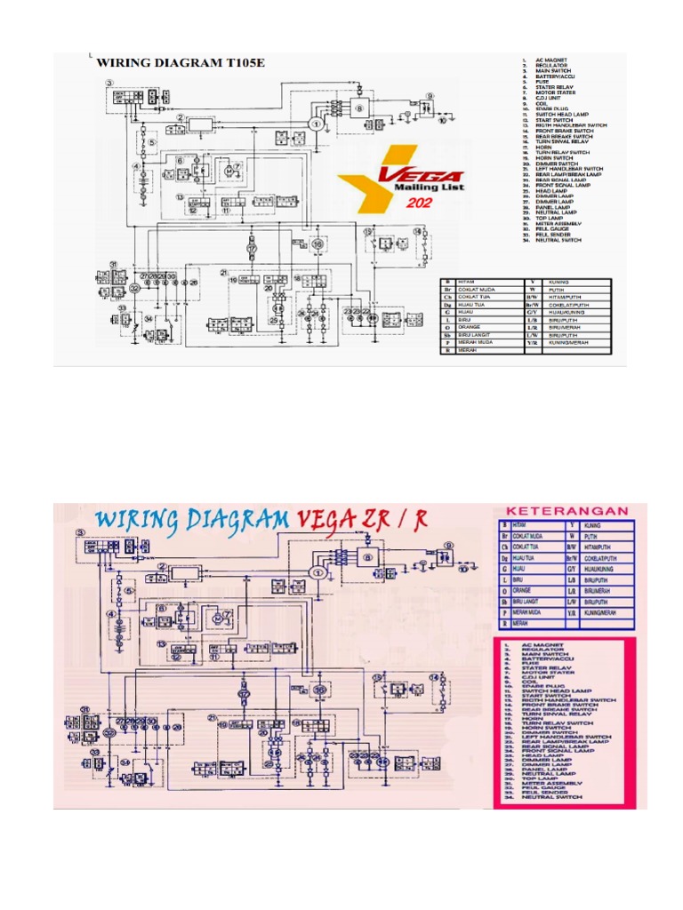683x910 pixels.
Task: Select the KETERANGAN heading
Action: pos(566,511)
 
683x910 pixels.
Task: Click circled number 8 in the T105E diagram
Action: pos(360,108)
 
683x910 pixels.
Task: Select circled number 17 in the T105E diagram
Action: pos(252,250)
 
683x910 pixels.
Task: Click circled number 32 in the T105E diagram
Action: pos(134,289)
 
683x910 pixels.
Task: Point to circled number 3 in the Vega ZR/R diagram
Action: pos(80,531)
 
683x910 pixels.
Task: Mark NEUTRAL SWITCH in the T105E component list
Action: pos(558,240)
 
